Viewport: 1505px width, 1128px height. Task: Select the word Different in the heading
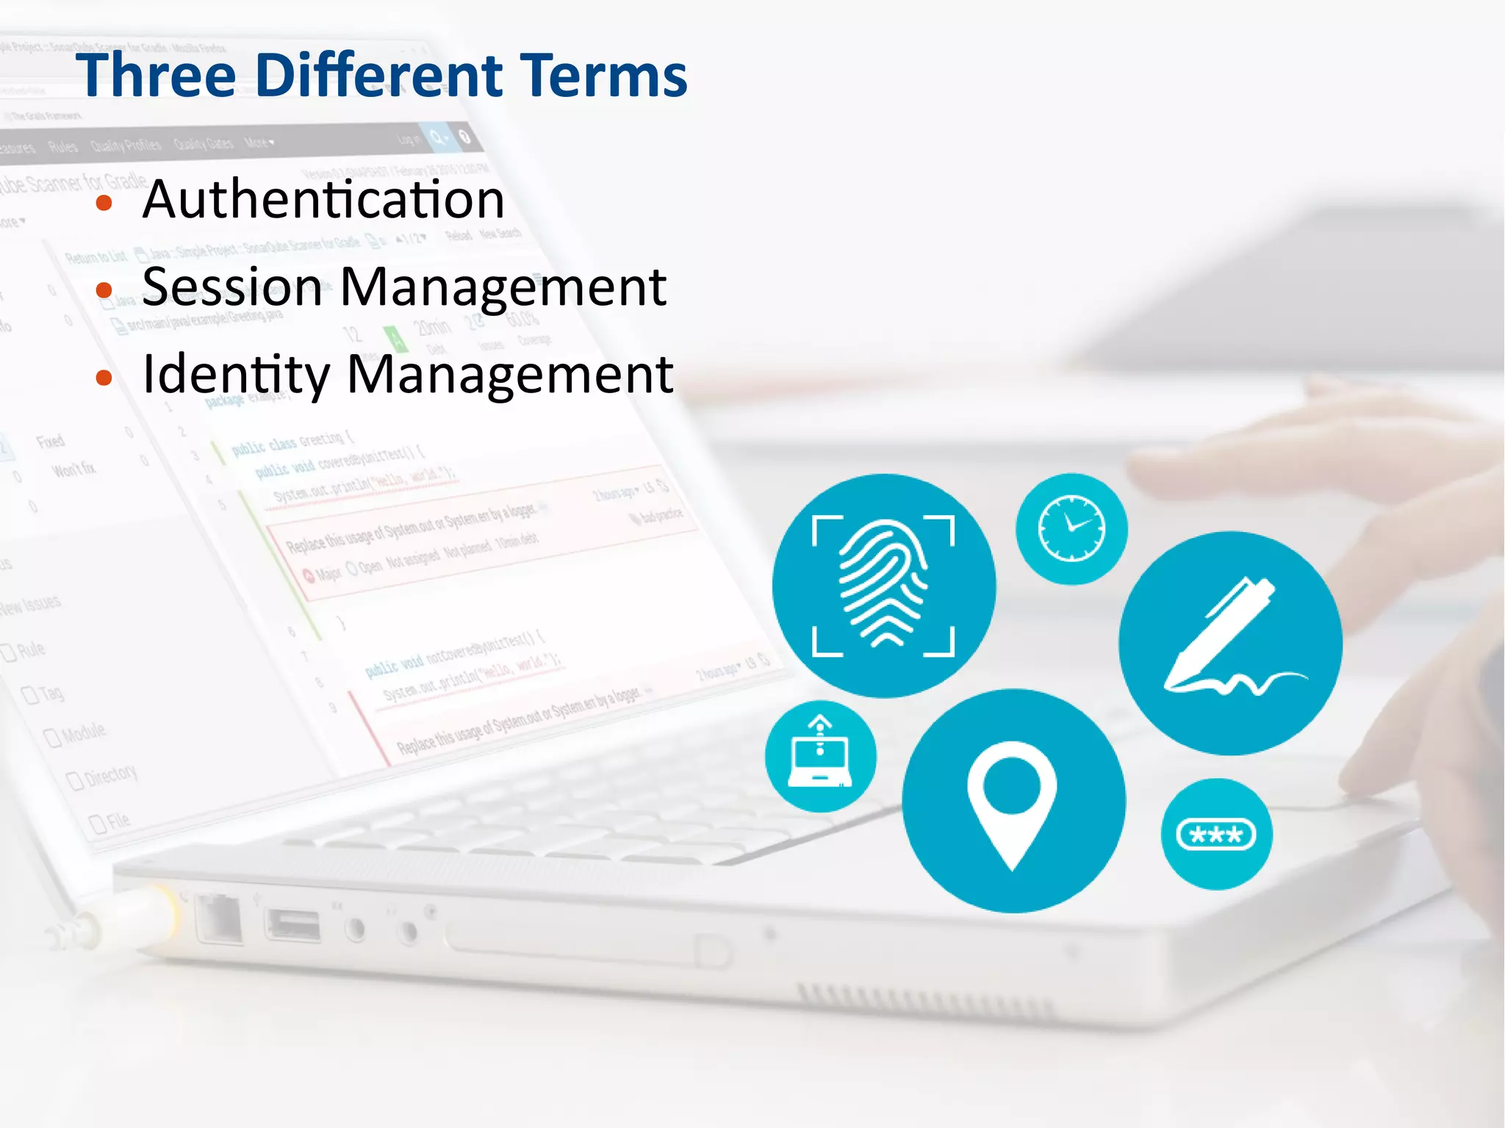(379, 76)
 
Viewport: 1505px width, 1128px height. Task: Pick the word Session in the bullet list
(231, 287)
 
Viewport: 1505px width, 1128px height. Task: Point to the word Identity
(236, 375)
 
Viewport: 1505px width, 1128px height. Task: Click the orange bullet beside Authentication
(104, 203)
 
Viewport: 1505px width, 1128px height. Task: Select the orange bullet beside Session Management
(104, 290)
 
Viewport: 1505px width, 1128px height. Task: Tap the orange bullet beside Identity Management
(104, 378)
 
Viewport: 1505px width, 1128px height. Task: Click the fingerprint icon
(883, 585)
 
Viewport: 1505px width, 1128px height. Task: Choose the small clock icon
(1071, 529)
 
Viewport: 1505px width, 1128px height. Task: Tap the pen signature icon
(1230, 643)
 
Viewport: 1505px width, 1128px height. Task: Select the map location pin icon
(1013, 801)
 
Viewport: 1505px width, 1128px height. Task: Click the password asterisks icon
(1216, 834)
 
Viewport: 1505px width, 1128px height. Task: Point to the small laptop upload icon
(820, 755)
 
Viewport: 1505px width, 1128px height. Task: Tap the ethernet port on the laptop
(219, 919)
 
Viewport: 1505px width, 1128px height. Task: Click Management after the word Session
(503, 287)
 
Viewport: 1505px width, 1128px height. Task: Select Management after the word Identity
(509, 375)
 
